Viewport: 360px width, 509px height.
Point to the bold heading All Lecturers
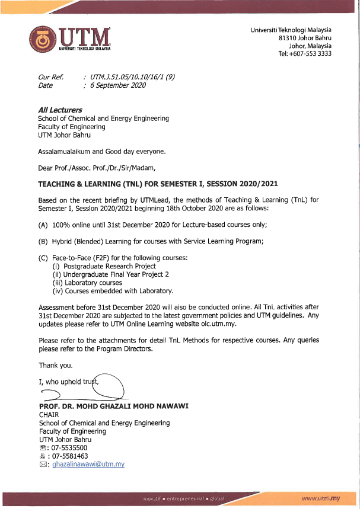coord(60,110)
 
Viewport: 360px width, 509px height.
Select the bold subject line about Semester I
coord(158,184)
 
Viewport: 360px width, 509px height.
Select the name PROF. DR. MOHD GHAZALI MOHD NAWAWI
coord(106,406)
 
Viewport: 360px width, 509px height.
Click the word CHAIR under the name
coord(49,415)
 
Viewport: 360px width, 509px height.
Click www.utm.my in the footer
coord(321,499)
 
